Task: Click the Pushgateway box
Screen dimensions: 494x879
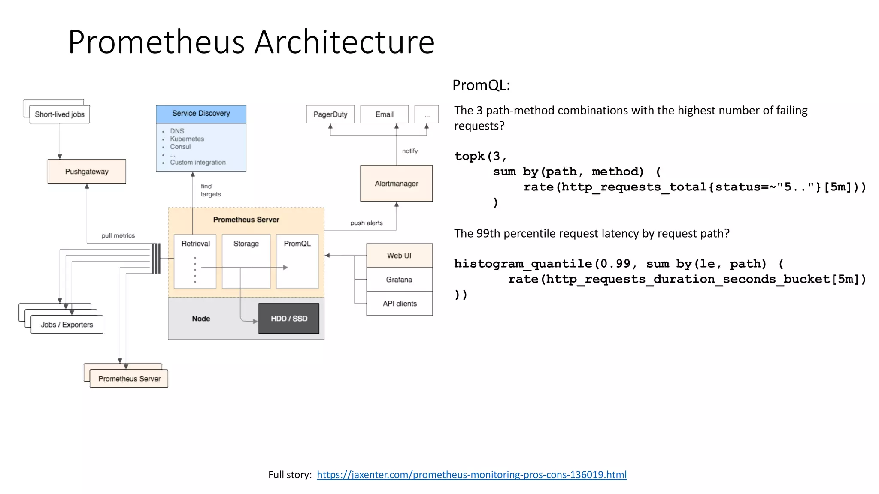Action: click(87, 172)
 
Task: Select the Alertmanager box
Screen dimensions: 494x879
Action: click(396, 184)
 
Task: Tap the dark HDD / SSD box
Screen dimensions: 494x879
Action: click(289, 319)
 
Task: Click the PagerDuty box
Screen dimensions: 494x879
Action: click(330, 114)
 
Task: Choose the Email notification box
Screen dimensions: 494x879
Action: click(384, 114)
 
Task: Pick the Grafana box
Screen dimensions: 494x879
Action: click(399, 280)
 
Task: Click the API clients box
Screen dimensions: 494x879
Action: click(399, 304)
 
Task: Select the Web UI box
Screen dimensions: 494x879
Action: click(399, 256)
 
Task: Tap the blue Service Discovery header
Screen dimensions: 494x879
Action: click(201, 114)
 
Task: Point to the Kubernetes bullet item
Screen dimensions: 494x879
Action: click(187, 139)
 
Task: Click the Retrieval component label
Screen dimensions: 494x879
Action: click(195, 244)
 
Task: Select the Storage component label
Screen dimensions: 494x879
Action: click(246, 244)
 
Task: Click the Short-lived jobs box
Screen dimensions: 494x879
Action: click(60, 114)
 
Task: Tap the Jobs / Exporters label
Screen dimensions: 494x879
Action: click(67, 325)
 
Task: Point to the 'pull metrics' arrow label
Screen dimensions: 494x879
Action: click(118, 235)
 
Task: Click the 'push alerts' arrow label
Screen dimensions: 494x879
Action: click(366, 223)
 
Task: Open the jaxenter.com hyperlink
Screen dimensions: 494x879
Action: click(471, 475)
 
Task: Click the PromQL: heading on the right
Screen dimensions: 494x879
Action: click(481, 85)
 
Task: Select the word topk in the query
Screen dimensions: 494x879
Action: click(470, 156)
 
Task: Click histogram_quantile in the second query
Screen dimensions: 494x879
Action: click(523, 264)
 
